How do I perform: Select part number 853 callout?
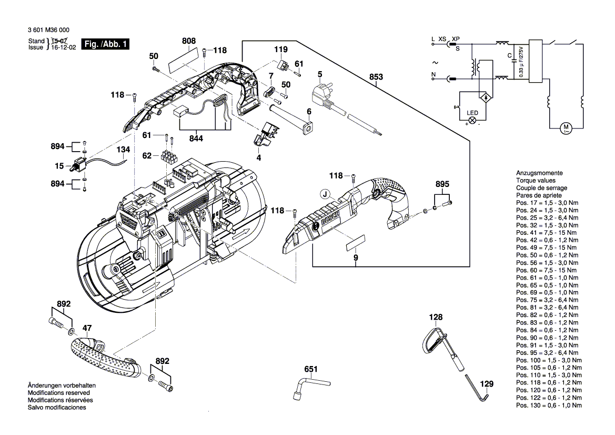pos(376,77)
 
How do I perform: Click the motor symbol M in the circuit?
pos(566,127)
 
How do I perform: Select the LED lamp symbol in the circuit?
pos(472,120)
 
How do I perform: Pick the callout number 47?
pos(87,328)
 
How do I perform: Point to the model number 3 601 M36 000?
pos(48,31)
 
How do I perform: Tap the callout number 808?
pos(174,41)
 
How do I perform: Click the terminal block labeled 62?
pos(169,157)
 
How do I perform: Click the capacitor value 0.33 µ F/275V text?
pos(522,62)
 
